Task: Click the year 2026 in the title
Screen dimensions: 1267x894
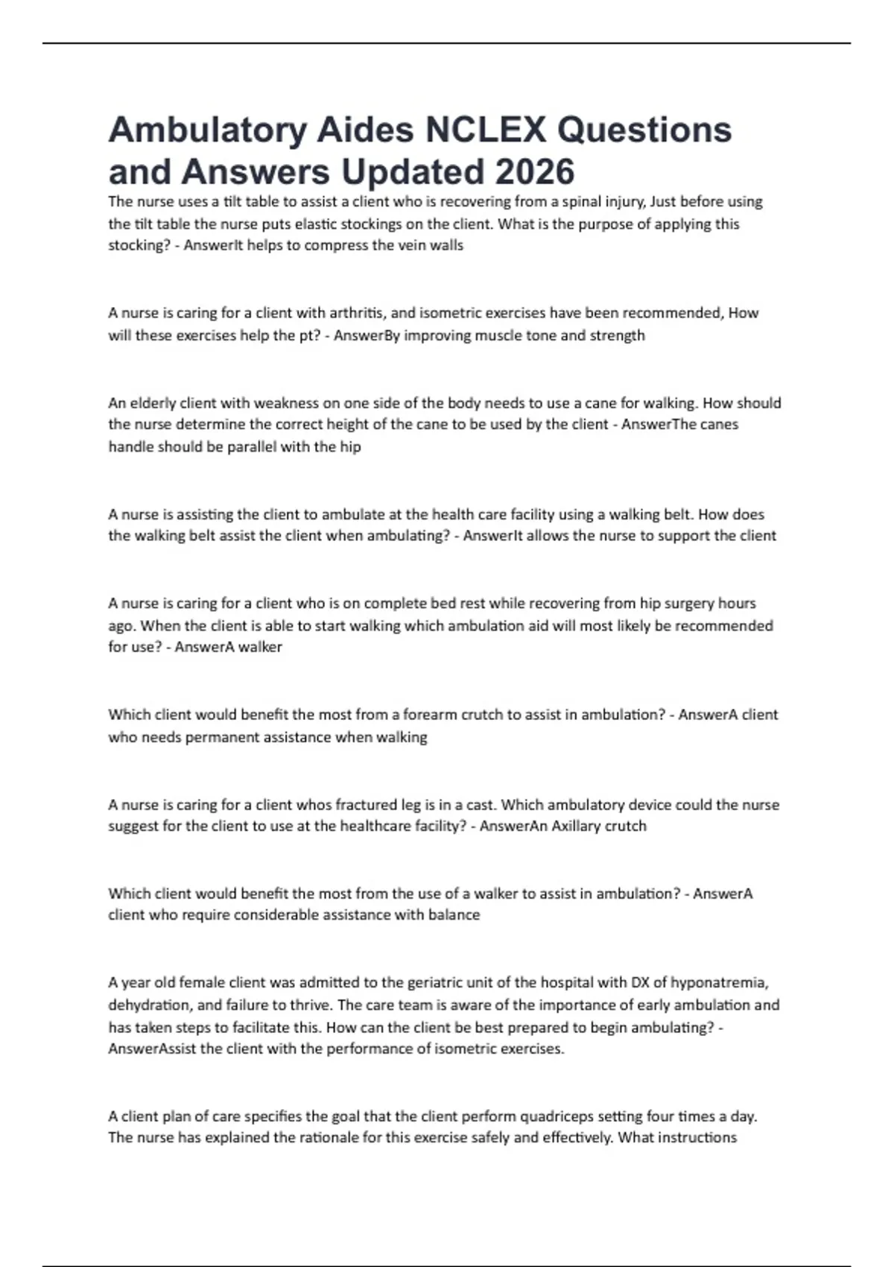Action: tap(534, 171)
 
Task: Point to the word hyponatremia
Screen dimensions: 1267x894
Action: tap(720, 982)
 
